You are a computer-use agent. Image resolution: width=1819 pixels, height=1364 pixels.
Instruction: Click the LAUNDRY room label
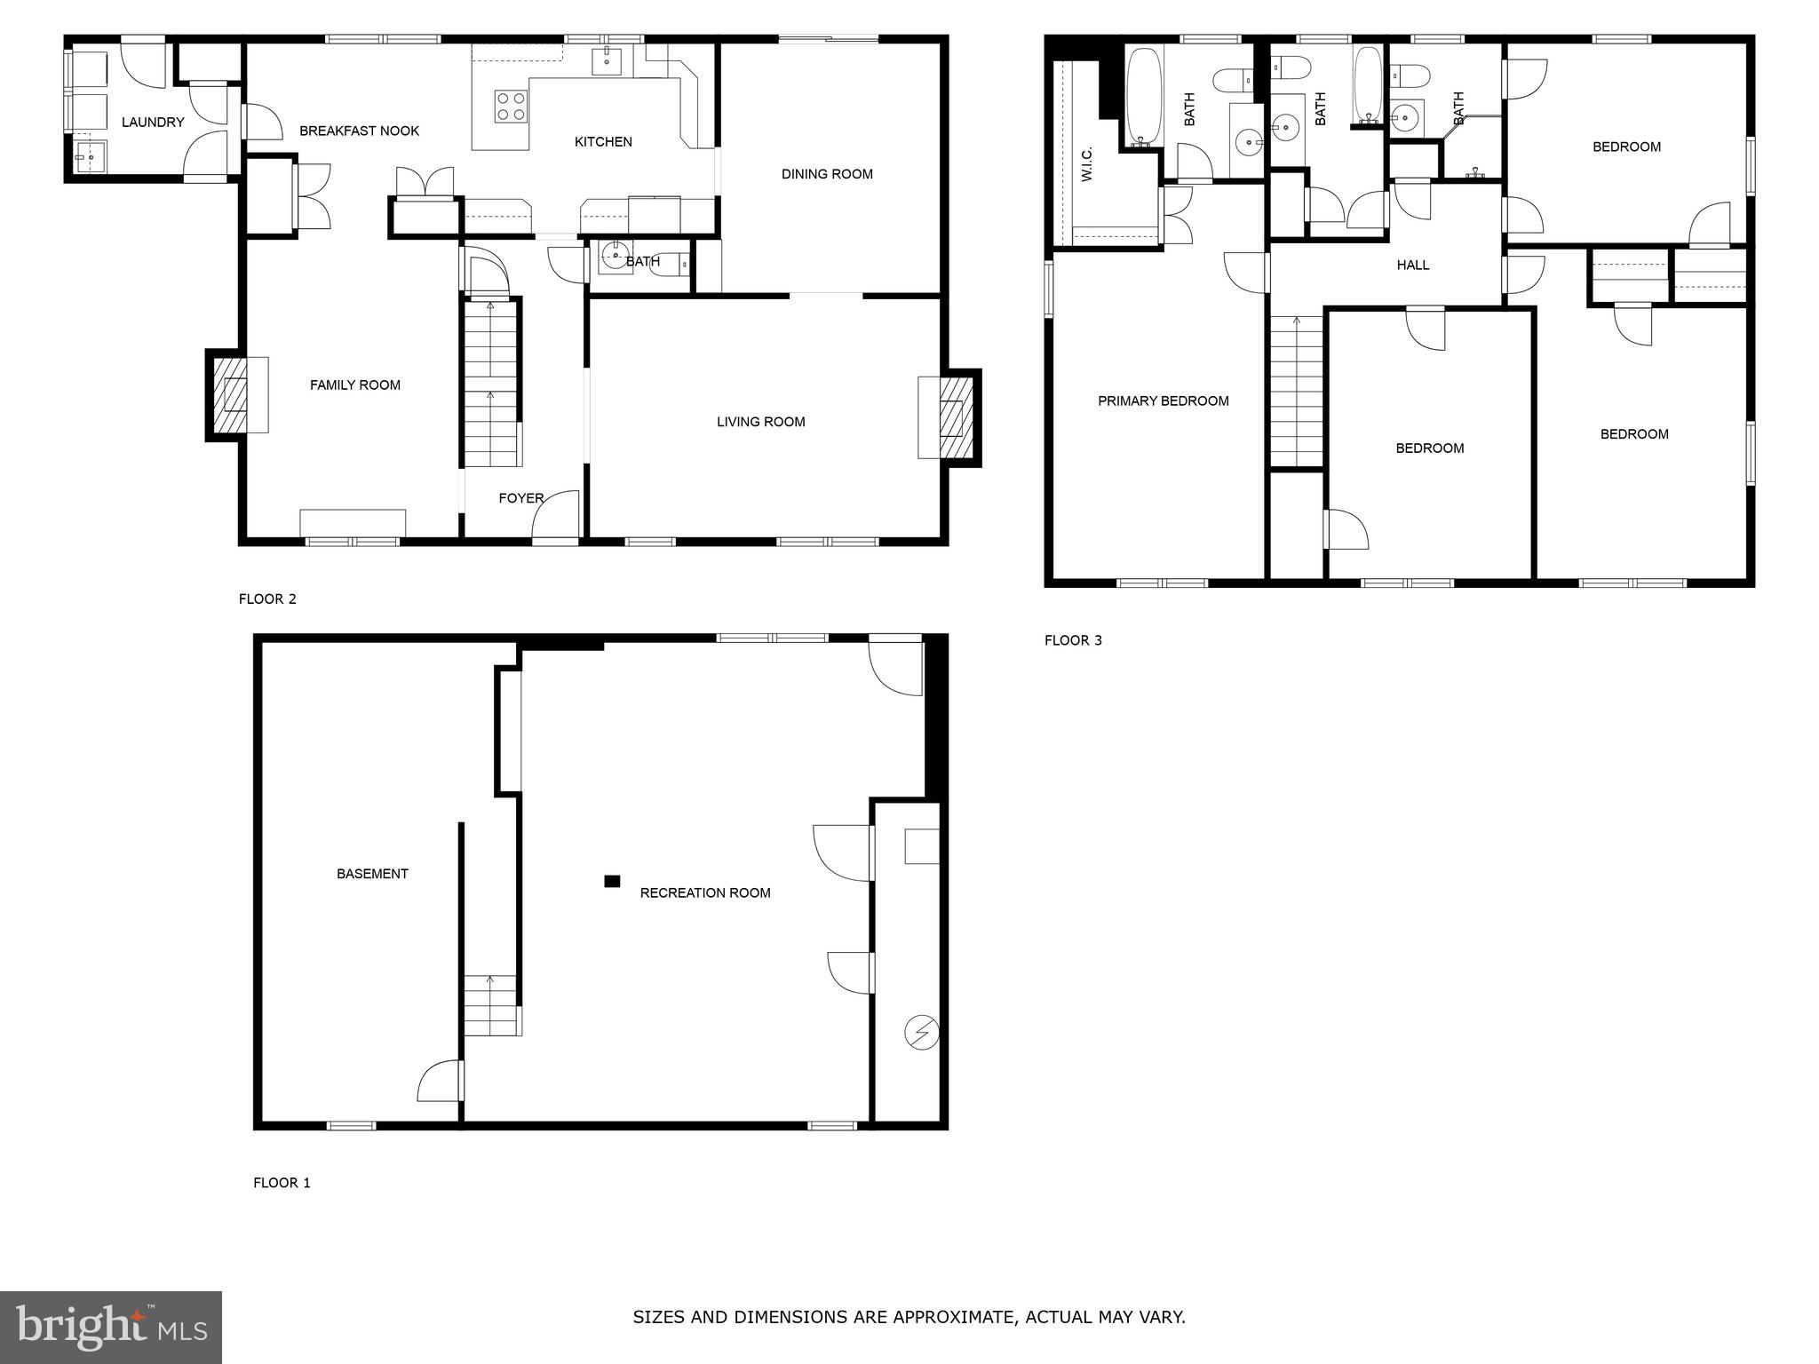[153, 123]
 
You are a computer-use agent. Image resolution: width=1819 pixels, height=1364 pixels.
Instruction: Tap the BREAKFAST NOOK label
[359, 131]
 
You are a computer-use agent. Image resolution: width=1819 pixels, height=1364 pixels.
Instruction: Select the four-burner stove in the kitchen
[511, 107]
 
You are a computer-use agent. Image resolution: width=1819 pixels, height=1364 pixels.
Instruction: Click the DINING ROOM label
[827, 174]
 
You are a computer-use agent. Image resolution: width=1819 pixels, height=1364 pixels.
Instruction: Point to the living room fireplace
[951, 417]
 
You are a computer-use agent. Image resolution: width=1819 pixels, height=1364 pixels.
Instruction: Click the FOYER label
[520, 498]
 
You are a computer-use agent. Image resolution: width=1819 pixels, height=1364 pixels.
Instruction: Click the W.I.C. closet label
[1086, 165]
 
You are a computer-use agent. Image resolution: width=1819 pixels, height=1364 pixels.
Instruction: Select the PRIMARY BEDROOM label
[1163, 401]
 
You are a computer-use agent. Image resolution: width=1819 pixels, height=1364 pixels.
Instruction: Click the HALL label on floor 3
[1412, 265]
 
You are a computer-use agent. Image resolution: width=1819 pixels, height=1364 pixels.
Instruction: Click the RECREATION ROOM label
[705, 893]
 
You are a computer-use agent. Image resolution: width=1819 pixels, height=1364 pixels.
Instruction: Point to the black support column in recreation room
[612, 881]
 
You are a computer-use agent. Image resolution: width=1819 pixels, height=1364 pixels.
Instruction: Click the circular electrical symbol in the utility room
[921, 1033]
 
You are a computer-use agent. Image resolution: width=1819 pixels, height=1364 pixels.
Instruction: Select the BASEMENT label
[372, 874]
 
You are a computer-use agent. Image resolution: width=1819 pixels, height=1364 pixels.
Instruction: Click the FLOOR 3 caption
[1073, 640]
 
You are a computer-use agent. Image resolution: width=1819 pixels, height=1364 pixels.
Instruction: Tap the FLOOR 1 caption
[282, 1183]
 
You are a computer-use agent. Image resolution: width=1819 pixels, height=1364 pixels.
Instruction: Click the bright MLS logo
[111, 1328]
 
